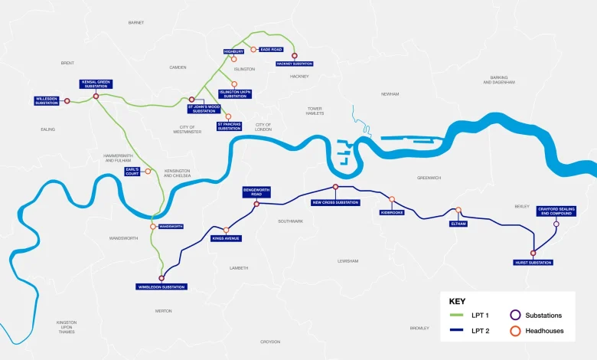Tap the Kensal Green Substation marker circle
coord(96,97)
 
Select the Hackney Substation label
coord(294,64)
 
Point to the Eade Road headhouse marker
coord(253,49)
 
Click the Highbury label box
coord(233,51)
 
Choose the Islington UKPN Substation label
coord(234,93)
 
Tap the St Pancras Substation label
coord(229,125)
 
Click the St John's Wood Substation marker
coord(192,99)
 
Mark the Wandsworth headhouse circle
coord(153,227)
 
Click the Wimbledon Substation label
coord(161,286)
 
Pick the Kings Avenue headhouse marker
coord(227,230)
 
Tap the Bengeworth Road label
coord(256,192)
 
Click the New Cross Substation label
coord(335,202)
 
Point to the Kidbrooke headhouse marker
coord(392,199)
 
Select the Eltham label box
coord(458,224)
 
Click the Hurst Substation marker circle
coord(533,253)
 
